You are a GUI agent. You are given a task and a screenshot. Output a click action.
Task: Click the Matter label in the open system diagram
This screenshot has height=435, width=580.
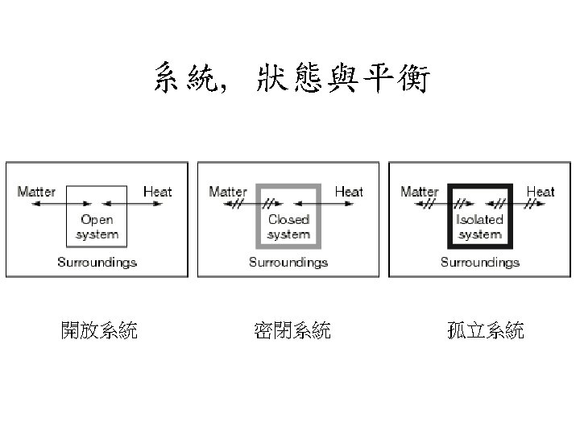[x=36, y=192]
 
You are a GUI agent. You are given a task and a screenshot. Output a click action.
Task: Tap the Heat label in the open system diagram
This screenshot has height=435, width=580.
[x=157, y=192]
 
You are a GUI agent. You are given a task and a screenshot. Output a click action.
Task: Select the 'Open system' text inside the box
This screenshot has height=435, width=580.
[x=97, y=227]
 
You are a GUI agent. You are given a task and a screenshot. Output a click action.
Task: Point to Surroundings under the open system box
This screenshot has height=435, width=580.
[x=97, y=262]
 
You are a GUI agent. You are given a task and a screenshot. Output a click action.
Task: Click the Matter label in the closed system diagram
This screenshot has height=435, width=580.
[x=228, y=192]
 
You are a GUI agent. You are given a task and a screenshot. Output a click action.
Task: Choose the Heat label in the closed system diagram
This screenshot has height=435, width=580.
[x=349, y=192]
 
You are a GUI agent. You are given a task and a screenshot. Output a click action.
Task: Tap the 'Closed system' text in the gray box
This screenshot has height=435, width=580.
[x=288, y=227]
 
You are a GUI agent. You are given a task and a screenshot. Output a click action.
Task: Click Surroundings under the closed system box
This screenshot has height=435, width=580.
[x=288, y=262]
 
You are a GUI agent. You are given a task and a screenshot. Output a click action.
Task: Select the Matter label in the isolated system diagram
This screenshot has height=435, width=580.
[x=420, y=192]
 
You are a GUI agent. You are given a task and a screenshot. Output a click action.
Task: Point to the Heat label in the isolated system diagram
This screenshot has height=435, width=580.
[x=541, y=192]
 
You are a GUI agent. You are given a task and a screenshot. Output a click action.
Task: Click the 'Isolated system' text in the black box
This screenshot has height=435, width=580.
[x=480, y=227]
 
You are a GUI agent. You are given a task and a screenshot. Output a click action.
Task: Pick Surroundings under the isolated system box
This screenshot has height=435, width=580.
[x=480, y=262]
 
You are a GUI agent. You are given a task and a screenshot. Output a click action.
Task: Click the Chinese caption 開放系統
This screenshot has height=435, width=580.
[x=99, y=330]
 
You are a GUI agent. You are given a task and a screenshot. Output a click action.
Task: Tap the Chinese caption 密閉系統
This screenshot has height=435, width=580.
[x=292, y=330]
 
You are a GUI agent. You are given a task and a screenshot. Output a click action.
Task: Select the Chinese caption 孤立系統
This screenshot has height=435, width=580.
[x=486, y=330]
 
